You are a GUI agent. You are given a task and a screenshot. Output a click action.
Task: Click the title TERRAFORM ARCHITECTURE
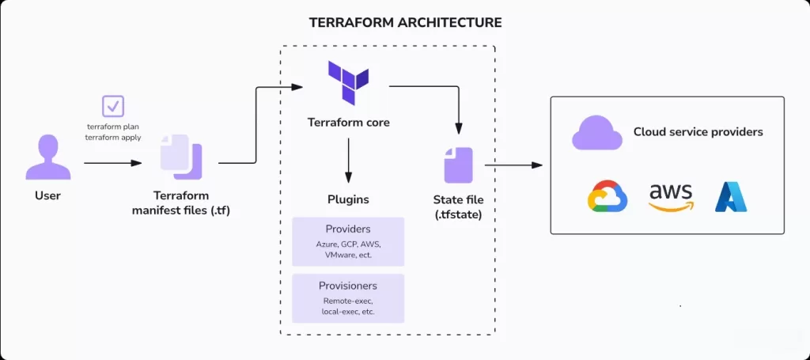(x=405, y=22)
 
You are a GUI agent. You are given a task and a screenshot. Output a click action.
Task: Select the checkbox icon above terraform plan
(x=113, y=106)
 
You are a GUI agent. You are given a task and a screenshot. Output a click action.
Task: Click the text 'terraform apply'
(x=113, y=137)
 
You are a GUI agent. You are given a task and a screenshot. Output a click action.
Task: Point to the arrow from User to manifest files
(x=112, y=163)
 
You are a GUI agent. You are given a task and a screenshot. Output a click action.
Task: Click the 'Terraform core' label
(x=348, y=123)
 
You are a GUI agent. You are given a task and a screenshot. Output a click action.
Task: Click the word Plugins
(x=348, y=199)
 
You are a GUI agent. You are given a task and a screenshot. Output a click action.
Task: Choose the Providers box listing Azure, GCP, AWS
(x=348, y=241)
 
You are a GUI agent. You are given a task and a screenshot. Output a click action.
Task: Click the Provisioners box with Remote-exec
(x=348, y=298)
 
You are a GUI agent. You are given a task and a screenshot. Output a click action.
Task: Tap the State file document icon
(x=457, y=165)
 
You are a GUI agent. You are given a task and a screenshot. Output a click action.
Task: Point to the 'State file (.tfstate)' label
(x=458, y=207)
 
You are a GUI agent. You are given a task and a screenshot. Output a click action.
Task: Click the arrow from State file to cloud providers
(x=513, y=165)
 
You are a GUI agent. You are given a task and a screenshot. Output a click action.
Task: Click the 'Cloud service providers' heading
(x=698, y=132)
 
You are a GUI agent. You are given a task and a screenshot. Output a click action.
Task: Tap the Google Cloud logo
(x=607, y=197)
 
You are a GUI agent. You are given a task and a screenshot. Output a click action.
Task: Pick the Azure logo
(x=731, y=197)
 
